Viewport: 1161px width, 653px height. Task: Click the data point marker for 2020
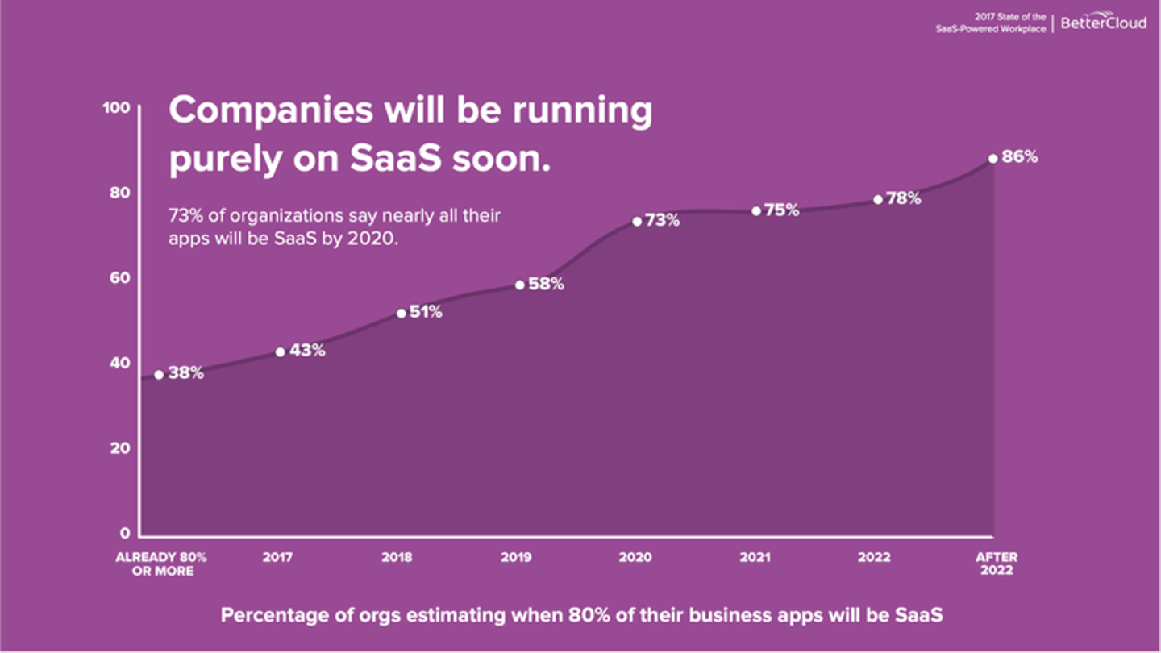[x=636, y=221]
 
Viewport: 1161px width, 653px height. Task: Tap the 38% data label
[x=185, y=373]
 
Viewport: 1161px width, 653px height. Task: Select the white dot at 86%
[x=992, y=159]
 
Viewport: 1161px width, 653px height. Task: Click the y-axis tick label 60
[x=120, y=278]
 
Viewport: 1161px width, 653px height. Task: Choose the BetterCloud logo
[x=1103, y=22]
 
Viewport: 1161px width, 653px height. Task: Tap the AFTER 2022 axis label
[x=997, y=564]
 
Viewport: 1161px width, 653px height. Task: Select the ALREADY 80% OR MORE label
[x=161, y=564]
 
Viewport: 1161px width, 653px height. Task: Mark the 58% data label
[x=546, y=284]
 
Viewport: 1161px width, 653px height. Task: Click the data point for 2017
[x=281, y=351]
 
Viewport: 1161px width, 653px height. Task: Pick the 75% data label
[x=781, y=210]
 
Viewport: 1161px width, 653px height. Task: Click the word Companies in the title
[x=270, y=110]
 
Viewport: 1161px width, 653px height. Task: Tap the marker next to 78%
[x=877, y=199]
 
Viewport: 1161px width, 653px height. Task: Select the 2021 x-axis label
[x=756, y=557]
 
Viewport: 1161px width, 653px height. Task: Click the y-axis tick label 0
[x=125, y=534]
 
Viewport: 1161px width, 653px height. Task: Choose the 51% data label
[x=426, y=312]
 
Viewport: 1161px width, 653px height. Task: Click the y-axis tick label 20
[x=120, y=448]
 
